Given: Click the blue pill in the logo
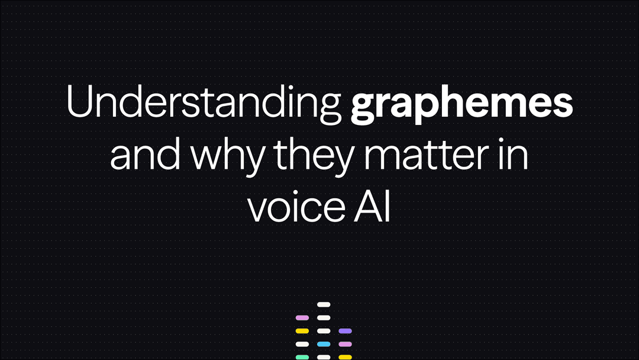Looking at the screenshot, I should coord(323,344).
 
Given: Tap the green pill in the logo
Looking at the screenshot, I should coord(302,357).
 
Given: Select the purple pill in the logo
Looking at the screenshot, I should coord(344,331).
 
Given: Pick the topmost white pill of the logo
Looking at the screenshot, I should coord(323,304).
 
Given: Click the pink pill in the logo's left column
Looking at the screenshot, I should coord(302,318).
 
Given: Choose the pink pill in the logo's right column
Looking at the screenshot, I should coord(344,344).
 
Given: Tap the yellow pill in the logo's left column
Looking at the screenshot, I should coord(302,331).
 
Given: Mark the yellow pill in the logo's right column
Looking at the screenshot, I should coord(344,357).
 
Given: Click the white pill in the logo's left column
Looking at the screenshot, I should coord(302,344).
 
